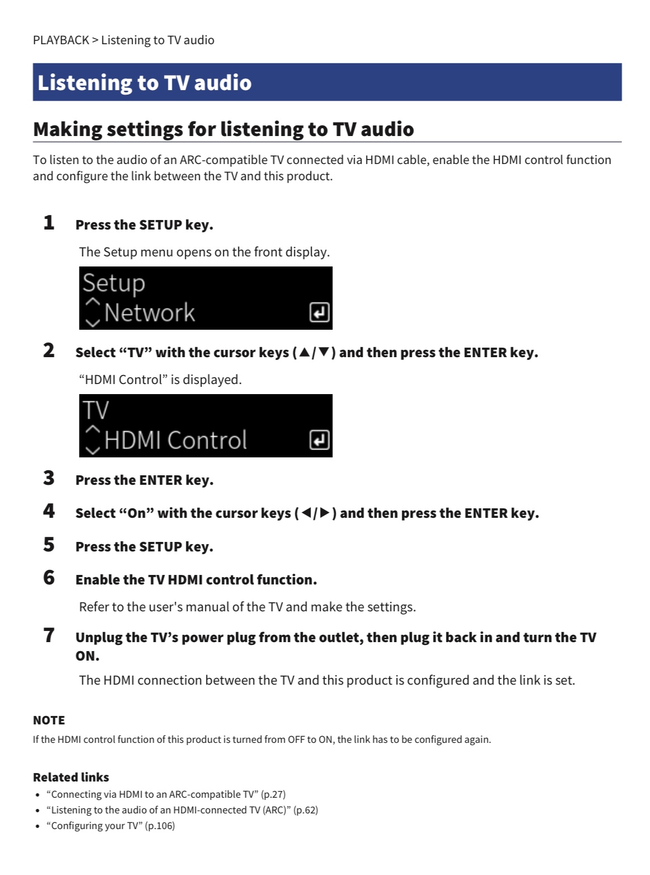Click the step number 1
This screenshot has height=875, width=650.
[x=49, y=222]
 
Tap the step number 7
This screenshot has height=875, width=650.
[x=49, y=635]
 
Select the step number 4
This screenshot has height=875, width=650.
[x=49, y=511]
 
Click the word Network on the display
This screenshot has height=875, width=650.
[x=150, y=313]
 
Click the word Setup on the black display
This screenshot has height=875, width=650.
[x=114, y=284]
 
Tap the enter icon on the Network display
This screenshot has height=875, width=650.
[x=319, y=312]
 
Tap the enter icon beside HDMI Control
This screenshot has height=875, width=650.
[x=319, y=440]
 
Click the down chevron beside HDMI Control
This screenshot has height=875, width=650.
[x=93, y=451]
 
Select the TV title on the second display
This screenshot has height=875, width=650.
[x=96, y=410]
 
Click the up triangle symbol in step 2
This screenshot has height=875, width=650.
[x=304, y=352]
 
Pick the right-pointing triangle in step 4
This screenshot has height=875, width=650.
[x=325, y=512]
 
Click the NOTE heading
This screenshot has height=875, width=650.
[x=49, y=720]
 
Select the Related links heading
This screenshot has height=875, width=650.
[x=71, y=777]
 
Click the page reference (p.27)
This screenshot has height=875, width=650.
[x=273, y=794]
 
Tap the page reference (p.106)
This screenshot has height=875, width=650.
[x=160, y=826]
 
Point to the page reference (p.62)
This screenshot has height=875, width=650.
[x=305, y=810]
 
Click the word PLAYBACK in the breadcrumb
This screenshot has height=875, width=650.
[x=61, y=40]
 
